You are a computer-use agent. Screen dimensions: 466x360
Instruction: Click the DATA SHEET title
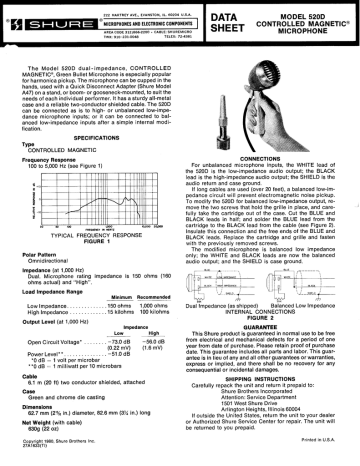241,18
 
